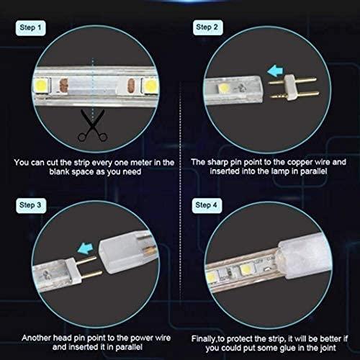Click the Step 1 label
(x=30, y=28)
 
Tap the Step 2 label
(x=208, y=27)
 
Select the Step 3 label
(x=31, y=205)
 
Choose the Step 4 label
(x=207, y=205)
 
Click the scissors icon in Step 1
(x=92, y=125)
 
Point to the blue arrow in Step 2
(x=275, y=71)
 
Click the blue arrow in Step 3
(x=86, y=248)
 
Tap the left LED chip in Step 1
(x=41, y=85)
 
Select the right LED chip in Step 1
(x=150, y=85)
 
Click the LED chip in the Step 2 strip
(x=224, y=89)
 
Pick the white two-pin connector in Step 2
(x=293, y=87)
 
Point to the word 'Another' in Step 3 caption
(x=36, y=338)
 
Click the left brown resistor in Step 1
(x=63, y=86)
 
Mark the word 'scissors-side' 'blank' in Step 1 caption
(x=59, y=172)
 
